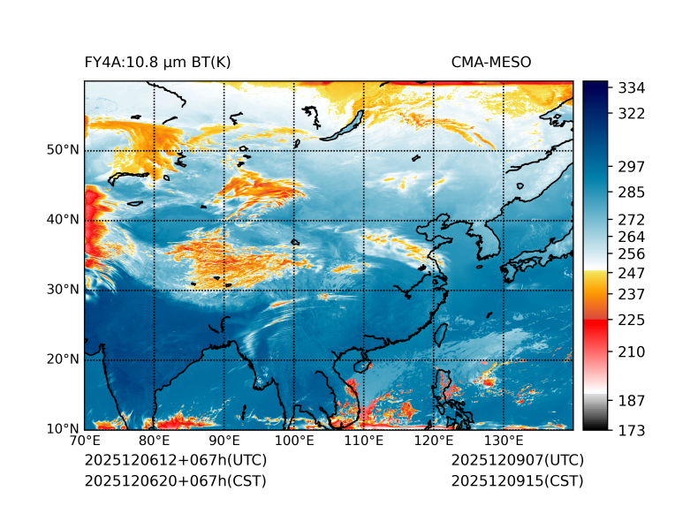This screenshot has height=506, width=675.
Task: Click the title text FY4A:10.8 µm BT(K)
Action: (158, 62)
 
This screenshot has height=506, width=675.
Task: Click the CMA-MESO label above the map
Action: (490, 62)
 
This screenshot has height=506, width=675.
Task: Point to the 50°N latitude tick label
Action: (63, 150)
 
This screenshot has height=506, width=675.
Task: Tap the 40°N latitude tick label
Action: (63, 220)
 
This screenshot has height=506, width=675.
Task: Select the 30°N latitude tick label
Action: (63, 290)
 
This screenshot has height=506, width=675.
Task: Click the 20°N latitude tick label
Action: (63, 359)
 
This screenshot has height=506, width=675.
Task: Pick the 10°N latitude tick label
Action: (63, 429)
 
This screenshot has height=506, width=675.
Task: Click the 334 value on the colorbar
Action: (631, 88)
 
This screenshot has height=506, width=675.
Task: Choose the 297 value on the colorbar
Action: (631, 166)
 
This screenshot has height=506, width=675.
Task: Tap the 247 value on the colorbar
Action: (631, 271)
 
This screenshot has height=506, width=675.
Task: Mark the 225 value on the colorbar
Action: (631, 319)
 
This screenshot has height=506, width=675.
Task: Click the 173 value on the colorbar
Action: (631, 430)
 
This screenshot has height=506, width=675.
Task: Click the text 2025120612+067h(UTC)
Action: (175, 460)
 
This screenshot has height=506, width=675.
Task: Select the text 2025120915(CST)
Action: (517, 480)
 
